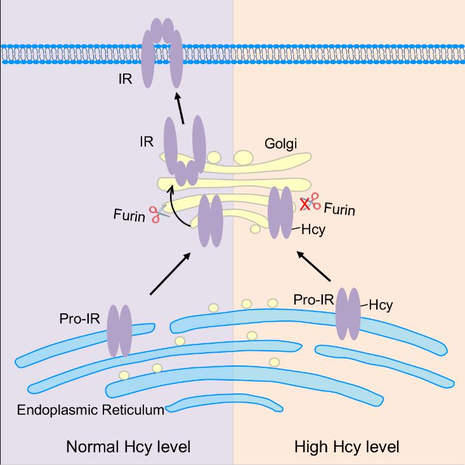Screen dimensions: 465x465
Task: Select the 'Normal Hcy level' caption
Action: [128, 447]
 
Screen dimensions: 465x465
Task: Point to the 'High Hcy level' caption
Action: [347, 447]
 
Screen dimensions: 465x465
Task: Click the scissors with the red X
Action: [310, 203]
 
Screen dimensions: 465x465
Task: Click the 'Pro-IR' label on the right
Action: [313, 299]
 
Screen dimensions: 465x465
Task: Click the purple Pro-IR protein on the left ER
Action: [119, 330]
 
